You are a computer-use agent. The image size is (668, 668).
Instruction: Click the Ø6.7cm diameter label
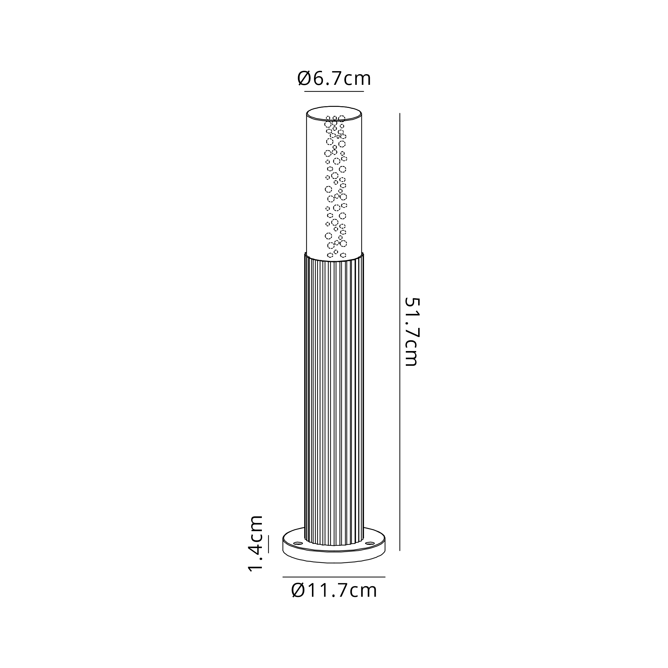(334, 78)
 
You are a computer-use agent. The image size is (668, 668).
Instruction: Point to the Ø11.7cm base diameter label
(334, 590)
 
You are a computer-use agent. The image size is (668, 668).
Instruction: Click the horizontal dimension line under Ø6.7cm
(334, 91)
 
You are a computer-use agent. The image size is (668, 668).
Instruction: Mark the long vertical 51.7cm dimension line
(400, 332)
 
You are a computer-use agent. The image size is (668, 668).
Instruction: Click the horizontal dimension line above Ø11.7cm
(334, 577)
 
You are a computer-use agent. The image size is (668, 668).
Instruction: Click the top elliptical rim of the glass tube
(334, 107)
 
